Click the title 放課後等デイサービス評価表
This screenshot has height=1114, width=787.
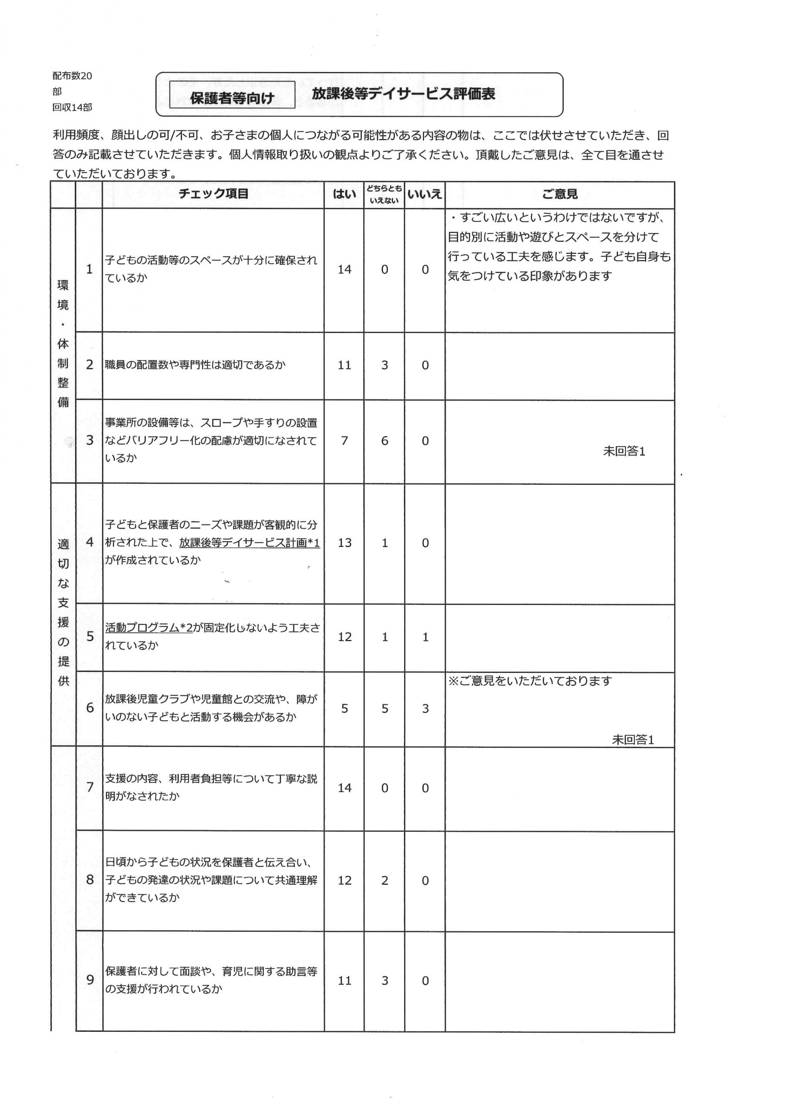[x=404, y=94]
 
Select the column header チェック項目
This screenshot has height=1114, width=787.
[x=213, y=194]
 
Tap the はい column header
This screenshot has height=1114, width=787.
[x=344, y=194]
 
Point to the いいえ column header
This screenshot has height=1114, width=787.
[x=424, y=194]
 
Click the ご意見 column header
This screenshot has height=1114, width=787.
[x=560, y=194]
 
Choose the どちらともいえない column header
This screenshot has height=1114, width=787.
[x=384, y=194]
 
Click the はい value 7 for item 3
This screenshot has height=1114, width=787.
[x=344, y=441]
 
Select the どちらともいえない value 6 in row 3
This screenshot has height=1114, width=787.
[x=384, y=441]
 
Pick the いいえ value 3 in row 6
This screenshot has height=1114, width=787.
[x=425, y=709]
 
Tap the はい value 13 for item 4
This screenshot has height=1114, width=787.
[x=344, y=543]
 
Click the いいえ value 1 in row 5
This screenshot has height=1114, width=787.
[x=425, y=637]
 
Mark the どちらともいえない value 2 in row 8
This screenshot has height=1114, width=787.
[x=384, y=880]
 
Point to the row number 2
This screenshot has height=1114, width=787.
[x=90, y=365]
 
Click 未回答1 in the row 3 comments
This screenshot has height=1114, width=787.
[x=624, y=451]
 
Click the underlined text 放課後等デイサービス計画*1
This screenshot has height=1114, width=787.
[x=249, y=543]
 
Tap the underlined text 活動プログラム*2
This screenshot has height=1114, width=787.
[x=149, y=628]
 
